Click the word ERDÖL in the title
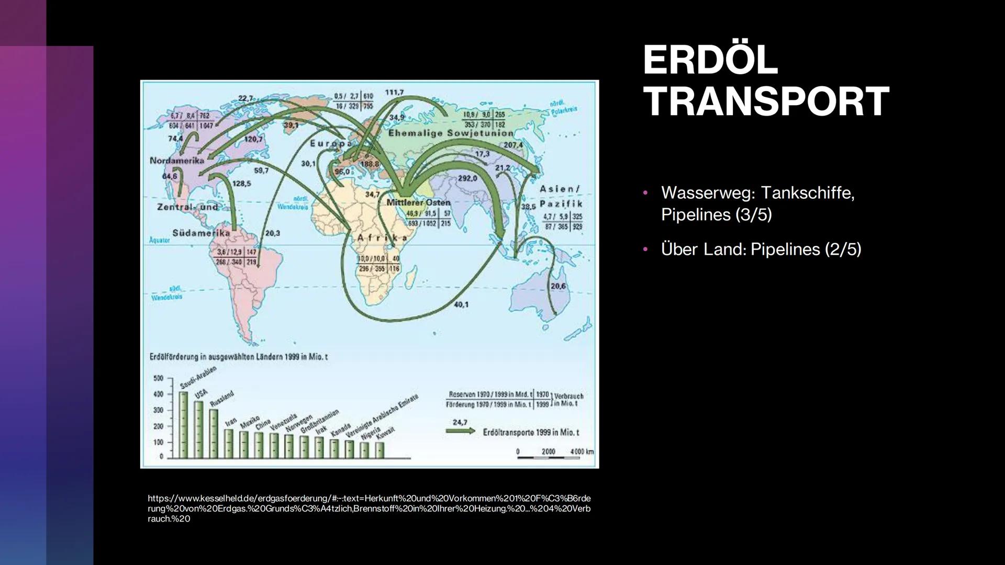(710, 60)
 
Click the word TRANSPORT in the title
(765, 101)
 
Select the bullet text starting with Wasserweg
(757, 204)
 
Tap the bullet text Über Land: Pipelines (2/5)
(761, 249)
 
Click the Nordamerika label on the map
(176, 161)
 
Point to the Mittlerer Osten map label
(418, 202)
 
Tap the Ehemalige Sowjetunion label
(450, 133)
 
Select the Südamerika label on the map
(201, 233)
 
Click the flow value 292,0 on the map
(467, 178)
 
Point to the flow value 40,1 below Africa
(461, 304)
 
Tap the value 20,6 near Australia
(558, 287)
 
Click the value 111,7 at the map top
(394, 93)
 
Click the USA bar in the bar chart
(199, 429)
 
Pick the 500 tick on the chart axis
(158, 378)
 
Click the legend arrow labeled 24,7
(460, 432)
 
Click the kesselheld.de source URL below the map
(368, 508)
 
